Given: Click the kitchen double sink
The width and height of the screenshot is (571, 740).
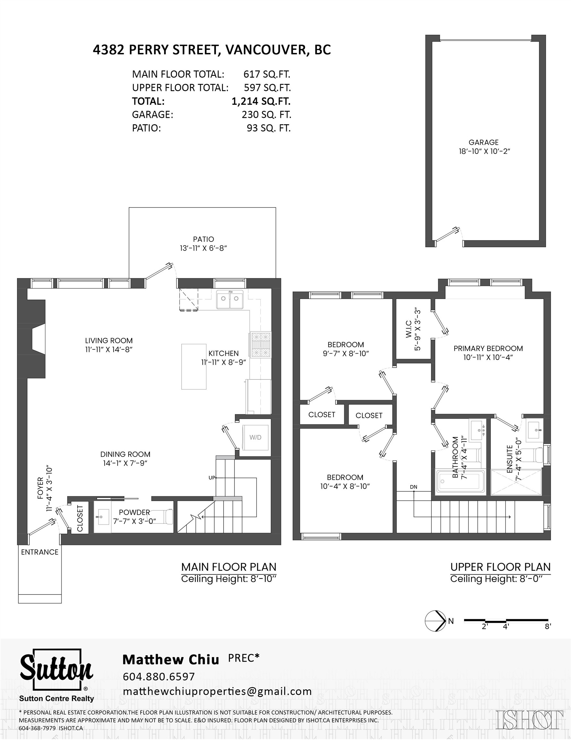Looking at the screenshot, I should pos(230,299).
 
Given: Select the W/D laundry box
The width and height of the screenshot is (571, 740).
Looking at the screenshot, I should pos(256,437).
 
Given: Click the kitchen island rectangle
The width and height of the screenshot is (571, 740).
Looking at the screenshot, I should pos(194,366).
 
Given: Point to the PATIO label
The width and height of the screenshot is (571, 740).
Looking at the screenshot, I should pos(203,239).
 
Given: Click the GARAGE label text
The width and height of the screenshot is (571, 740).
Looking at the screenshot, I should pos(483,142).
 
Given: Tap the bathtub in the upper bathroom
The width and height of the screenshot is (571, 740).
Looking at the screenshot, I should pos(461,481).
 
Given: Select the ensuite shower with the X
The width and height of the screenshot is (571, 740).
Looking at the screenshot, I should pos(516,482).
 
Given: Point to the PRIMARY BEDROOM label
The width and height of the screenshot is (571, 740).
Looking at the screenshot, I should pos(488,348).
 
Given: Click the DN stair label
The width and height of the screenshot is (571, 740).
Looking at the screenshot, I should pos(413,487).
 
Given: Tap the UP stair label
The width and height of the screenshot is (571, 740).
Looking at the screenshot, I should pos(211,478).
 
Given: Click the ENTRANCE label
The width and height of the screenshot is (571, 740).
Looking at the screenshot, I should pos(39,552).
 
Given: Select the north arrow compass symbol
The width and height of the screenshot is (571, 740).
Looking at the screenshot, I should pos(435,621).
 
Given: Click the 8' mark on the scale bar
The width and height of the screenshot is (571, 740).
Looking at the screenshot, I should pos(548,627).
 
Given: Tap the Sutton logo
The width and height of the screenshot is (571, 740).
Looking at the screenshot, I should pos(56,675).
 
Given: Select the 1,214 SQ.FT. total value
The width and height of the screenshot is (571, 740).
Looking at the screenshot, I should pos(261,101).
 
